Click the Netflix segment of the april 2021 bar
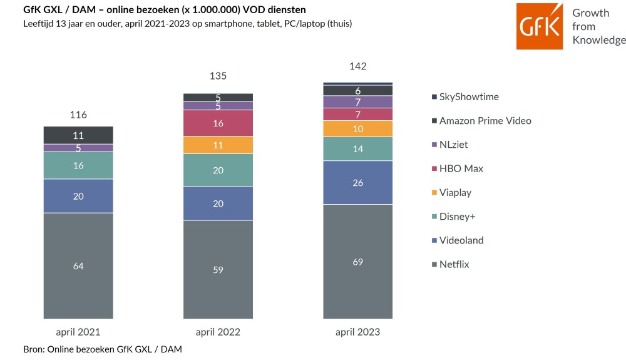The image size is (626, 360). coord(78,266)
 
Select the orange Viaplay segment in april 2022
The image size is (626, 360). coord(218,145)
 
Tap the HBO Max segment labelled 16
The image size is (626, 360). coord(218,123)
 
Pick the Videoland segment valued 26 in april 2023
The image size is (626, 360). coord(357,182)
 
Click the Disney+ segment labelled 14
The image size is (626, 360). coord(357,149)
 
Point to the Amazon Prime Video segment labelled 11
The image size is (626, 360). coord(78,135)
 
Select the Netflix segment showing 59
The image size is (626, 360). coord(218,269)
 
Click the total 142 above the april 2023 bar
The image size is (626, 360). coord(357,66)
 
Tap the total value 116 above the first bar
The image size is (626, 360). coord(78,115)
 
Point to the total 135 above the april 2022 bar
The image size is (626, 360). coord(218,76)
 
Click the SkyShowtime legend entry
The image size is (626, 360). coord(466,96)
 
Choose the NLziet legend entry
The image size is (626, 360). coord(450,145)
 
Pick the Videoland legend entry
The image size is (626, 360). coord(458,240)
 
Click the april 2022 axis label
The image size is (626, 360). coord(218,332)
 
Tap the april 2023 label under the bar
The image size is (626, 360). coord(357,332)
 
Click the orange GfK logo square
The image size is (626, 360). coord(540,26)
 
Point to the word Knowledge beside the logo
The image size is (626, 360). coord(599,40)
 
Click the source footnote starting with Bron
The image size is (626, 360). coord(103,349)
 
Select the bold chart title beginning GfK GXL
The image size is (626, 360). coord(165,9)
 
